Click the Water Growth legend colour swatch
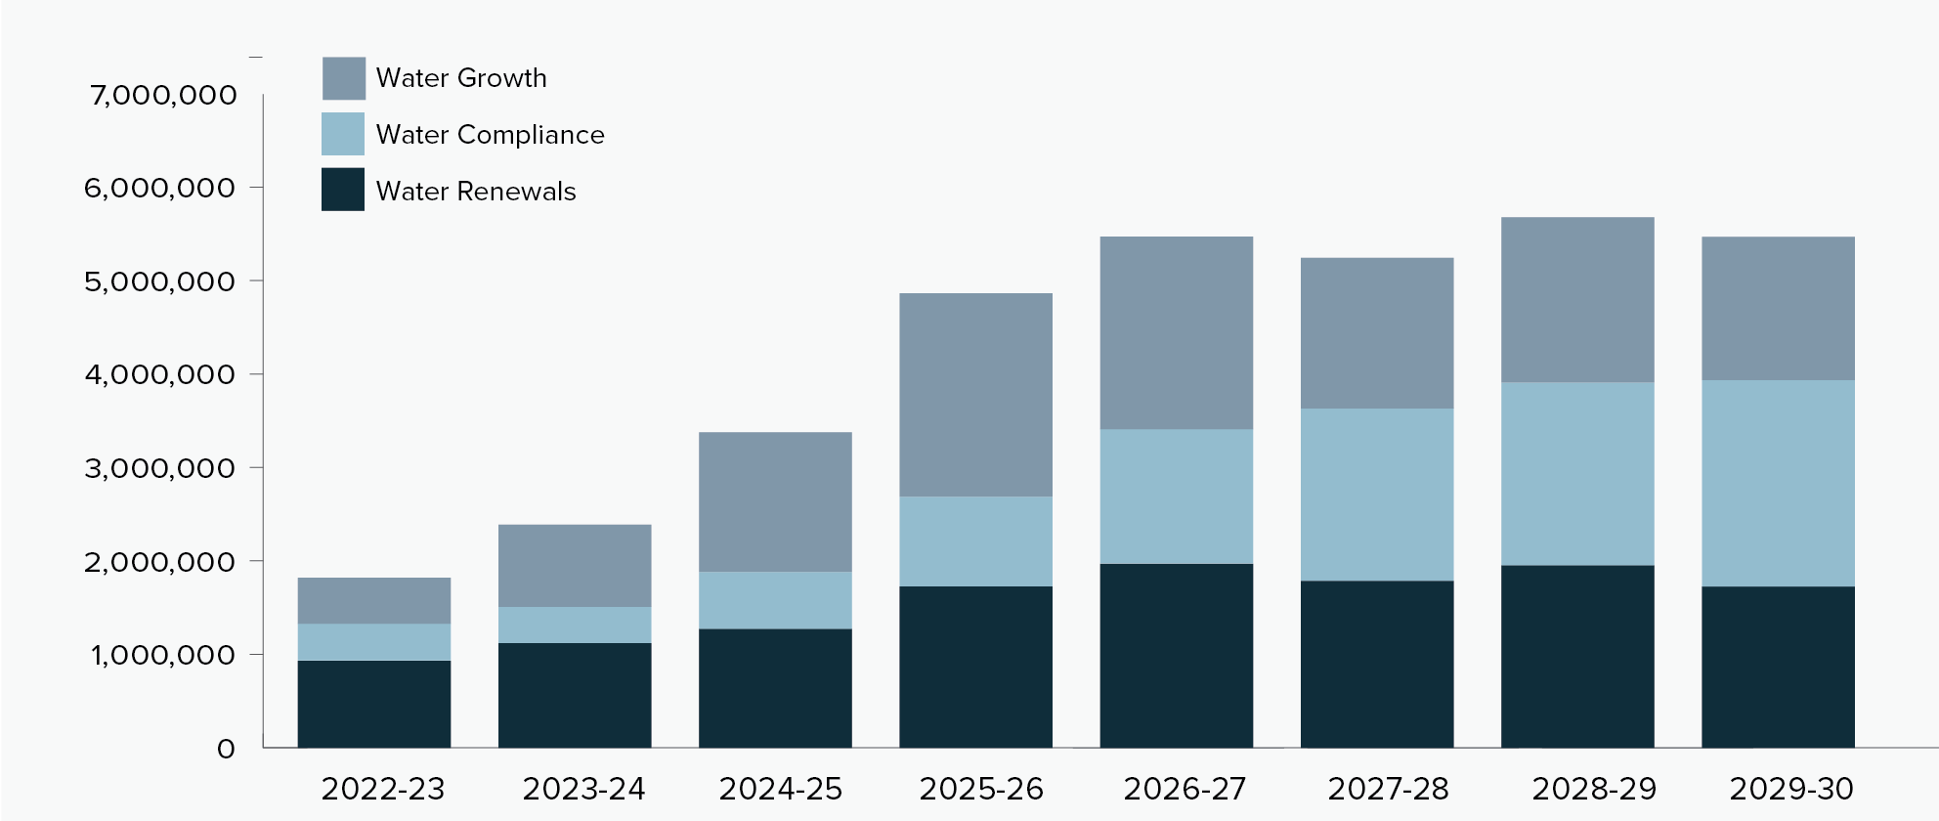(x=344, y=78)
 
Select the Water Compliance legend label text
(x=490, y=135)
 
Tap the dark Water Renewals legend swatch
(x=343, y=190)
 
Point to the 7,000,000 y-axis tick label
(x=163, y=96)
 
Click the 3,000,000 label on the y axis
(x=160, y=468)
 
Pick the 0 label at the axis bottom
(x=226, y=750)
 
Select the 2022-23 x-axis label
(x=383, y=789)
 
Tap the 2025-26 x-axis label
(x=981, y=789)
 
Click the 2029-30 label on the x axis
(x=1790, y=789)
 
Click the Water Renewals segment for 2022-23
(x=374, y=704)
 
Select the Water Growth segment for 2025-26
(x=975, y=395)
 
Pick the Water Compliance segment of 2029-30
(x=1778, y=483)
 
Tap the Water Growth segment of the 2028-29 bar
(x=1577, y=299)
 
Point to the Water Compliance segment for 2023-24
(x=575, y=625)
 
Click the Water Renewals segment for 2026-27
(x=1176, y=655)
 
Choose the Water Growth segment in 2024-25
(x=775, y=501)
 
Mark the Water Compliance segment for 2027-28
(x=1376, y=494)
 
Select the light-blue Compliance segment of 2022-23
(x=374, y=642)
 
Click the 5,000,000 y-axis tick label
(x=160, y=281)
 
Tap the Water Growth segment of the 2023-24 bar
(x=575, y=566)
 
